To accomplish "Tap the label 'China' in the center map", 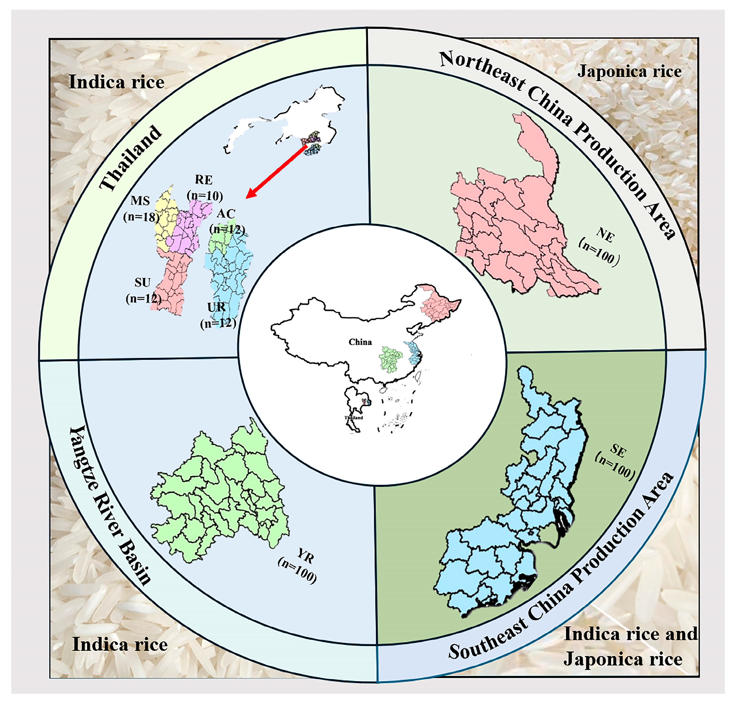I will point(360,342).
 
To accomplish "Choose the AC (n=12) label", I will point(227,221).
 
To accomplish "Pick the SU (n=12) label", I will point(143,290).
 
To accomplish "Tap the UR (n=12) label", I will point(218,315).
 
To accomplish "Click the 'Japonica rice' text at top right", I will point(629,72).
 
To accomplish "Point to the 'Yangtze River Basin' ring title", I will point(109,504).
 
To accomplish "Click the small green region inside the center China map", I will point(391,359).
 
